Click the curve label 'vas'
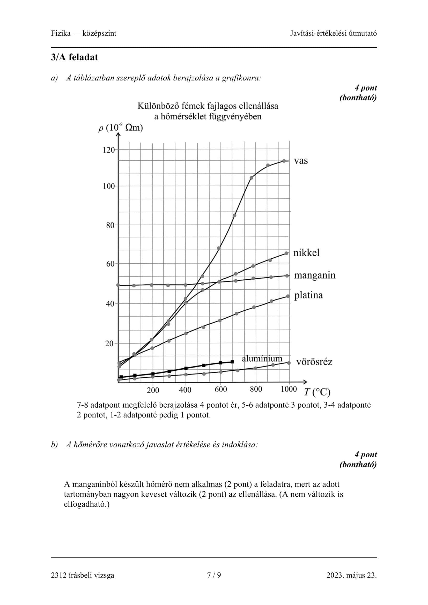(x=301, y=161)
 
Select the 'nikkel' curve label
(x=306, y=253)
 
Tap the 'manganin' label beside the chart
(x=314, y=275)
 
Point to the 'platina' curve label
(x=308, y=295)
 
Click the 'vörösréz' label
(x=314, y=362)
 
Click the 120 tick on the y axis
(x=109, y=150)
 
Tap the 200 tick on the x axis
(x=153, y=390)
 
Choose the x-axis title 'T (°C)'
(x=317, y=392)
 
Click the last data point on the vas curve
(x=284, y=161)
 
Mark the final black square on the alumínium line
(x=232, y=362)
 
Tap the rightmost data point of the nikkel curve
(x=286, y=253)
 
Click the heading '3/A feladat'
(x=75, y=57)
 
